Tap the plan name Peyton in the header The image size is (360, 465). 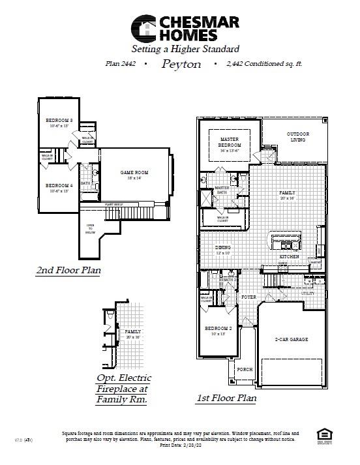coord(181,65)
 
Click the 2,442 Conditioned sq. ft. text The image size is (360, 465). coord(264,65)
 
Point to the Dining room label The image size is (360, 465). coord(223,248)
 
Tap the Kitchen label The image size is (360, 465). coord(289,258)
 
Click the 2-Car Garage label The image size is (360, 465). coord(292,340)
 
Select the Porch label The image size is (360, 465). coord(245,369)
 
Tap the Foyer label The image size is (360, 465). coord(248,297)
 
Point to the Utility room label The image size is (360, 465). coord(307,293)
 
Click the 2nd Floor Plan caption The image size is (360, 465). coord(68,269)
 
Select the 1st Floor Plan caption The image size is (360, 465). coord(226,397)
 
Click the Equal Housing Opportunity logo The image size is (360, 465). coord(322,435)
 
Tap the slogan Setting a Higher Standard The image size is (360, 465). coord(185,49)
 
